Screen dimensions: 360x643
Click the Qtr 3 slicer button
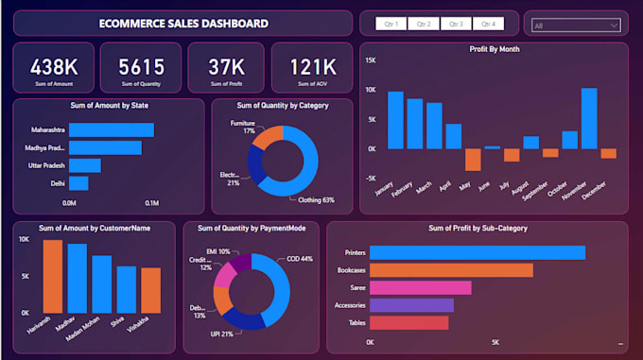pos(456,24)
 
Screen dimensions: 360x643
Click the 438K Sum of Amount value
pos(53,67)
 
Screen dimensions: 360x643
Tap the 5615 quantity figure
pos(140,67)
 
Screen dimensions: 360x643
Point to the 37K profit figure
pos(227,67)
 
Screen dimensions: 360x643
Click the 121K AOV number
pos(312,67)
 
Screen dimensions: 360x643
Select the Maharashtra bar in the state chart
pos(110,129)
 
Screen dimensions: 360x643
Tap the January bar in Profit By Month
pos(395,120)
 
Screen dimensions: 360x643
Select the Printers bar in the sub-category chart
pos(477,252)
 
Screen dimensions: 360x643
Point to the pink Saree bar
pos(420,287)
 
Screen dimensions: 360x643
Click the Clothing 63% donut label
pos(317,200)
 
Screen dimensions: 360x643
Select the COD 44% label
pos(300,258)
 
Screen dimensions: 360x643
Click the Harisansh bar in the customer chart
pos(53,276)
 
